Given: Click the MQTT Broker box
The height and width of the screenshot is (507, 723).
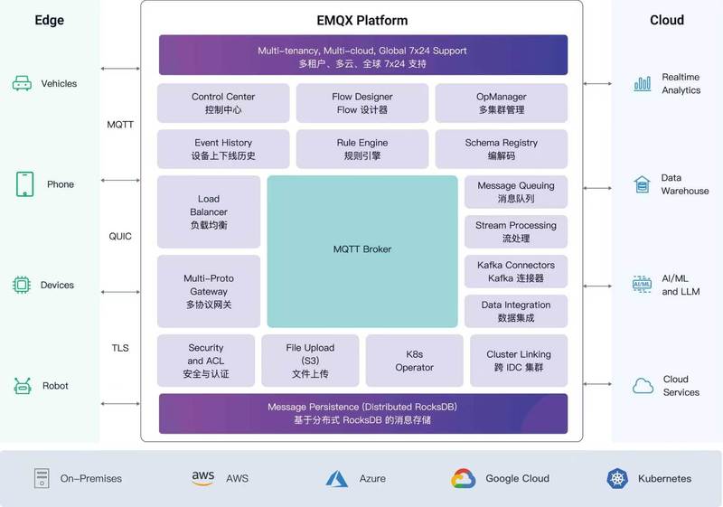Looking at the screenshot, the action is [362, 251].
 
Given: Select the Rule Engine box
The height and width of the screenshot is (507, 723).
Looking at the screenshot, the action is [362, 149].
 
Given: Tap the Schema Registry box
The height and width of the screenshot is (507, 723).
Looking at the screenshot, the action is [502, 149].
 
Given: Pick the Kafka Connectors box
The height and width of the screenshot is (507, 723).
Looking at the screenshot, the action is [516, 271].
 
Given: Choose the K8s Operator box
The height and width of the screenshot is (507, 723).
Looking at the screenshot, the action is [415, 361].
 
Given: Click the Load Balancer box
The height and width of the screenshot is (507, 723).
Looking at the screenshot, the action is [209, 211].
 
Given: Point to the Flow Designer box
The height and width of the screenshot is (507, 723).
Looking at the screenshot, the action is [362, 103].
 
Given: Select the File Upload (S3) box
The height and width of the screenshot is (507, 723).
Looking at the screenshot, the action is [310, 361].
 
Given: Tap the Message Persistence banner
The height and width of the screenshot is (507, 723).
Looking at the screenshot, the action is [363, 413].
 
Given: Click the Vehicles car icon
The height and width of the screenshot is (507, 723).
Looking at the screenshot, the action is [22, 83].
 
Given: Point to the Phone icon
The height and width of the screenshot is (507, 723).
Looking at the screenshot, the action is [25, 184].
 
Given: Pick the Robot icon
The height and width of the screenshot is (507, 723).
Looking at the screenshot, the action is [22, 386].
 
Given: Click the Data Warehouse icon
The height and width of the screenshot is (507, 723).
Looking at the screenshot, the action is [642, 184].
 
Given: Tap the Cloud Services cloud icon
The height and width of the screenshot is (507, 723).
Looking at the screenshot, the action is [643, 386].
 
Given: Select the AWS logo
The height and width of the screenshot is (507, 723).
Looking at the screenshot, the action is [202, 478].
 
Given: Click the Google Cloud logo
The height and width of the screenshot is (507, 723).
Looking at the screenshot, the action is [464, 478].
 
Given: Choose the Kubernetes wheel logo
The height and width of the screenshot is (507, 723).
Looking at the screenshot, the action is [617, 478].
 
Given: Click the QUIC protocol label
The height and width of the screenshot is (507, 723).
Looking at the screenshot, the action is [120, 237].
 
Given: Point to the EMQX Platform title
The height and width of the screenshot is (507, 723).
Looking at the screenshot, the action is [362, 20].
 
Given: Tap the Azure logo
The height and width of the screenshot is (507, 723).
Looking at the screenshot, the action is [336, 479].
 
